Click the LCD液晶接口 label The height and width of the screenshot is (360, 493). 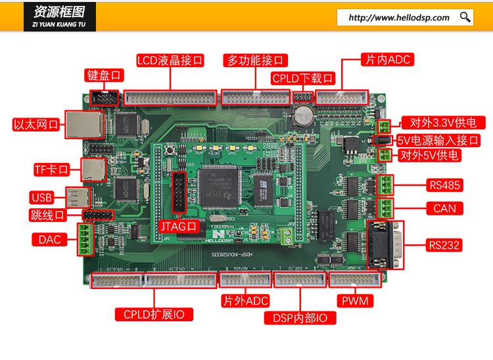(x=170, y=60)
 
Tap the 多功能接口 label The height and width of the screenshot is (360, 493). (x=255, y=60)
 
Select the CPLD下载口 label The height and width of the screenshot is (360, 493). (x=303, y=78)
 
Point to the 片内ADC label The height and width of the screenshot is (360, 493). (x=387, y=60)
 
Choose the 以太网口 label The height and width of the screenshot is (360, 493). (x=37, y=124)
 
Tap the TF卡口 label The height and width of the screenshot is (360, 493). (x=51, y=169)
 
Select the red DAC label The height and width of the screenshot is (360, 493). (x=48, y=240)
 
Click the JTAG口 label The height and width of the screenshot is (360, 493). (x=179, y=225)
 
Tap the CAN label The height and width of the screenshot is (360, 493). (x=444, y=208)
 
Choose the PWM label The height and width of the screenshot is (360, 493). (x=356, y=301)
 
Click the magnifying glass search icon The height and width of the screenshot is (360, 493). (x=465, y=17)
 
